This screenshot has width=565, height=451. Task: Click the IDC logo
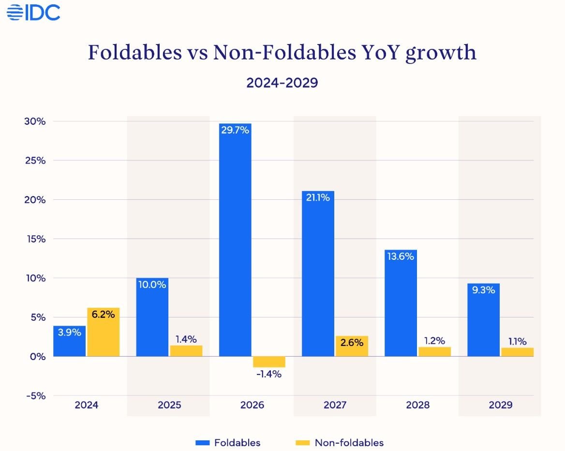tap(33, 13)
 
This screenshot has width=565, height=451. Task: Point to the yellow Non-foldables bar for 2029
tap(517, 352)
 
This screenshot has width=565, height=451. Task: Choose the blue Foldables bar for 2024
tap(70, 341)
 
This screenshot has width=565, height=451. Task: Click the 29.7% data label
tap(235, 131)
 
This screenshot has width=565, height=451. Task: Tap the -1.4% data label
tap(268, 374)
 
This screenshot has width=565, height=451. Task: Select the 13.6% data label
tap(401, 256)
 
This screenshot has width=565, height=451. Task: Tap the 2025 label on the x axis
tap(169, 405)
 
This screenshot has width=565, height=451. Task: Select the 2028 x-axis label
tap(418, 405)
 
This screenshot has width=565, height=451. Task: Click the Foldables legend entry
tap(228, 442)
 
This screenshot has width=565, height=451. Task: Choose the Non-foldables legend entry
tap(339, 442)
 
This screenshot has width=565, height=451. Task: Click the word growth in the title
tap(441, 53)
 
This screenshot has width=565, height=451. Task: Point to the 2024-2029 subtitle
tap(282, 82)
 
